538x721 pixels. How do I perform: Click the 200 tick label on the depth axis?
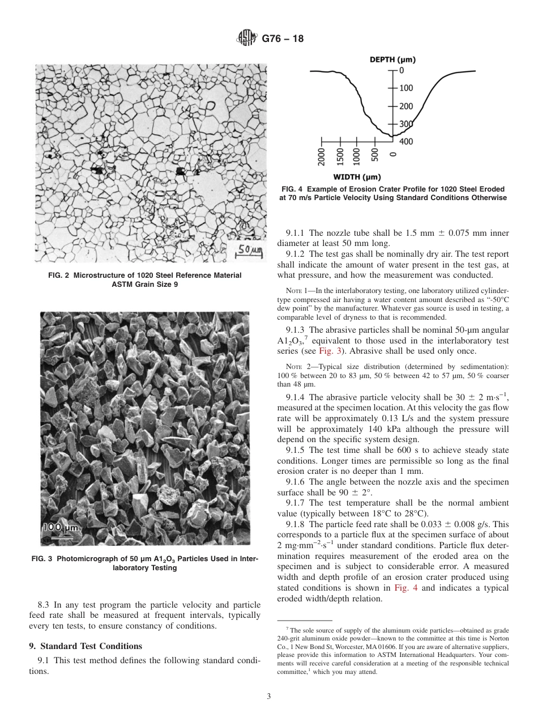tap(406, 107)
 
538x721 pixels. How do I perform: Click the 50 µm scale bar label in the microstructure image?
tap(249, 249)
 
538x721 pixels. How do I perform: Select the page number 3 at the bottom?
tap(268, 697)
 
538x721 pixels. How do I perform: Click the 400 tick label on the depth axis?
tap(406, 142)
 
